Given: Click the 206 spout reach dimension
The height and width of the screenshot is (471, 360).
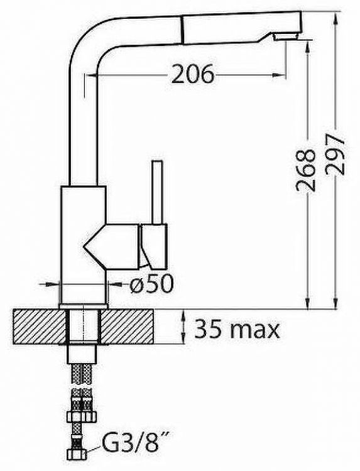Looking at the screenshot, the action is (194, 74).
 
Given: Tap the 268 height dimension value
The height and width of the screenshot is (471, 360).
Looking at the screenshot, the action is (306, 170).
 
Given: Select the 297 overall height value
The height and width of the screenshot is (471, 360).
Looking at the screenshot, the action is (335, 154).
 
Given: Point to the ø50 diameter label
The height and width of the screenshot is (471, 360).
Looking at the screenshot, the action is (151, 284).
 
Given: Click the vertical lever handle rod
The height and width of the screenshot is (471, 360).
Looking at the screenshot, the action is (158, 192).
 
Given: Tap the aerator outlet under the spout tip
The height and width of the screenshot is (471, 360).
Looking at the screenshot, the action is (285, 37).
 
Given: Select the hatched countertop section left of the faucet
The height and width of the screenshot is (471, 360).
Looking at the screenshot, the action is (39, 327).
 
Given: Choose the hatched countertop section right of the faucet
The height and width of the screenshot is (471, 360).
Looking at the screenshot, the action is (127, 327).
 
